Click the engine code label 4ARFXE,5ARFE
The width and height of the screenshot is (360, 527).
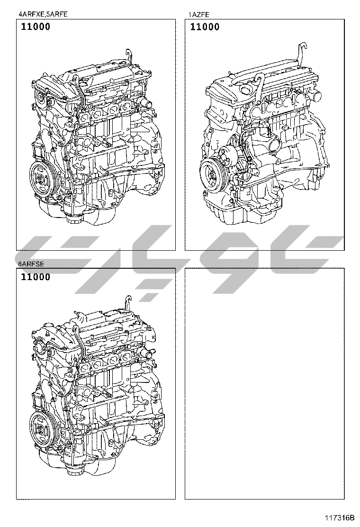[43, 14]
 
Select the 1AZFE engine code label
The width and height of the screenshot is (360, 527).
[198, 14]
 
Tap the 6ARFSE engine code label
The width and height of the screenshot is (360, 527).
[31, 264]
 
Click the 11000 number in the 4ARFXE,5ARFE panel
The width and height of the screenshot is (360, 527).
[36, 27]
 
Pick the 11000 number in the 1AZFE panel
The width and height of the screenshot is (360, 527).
[205, 27]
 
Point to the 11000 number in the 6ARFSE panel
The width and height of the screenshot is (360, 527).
[36, 277]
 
